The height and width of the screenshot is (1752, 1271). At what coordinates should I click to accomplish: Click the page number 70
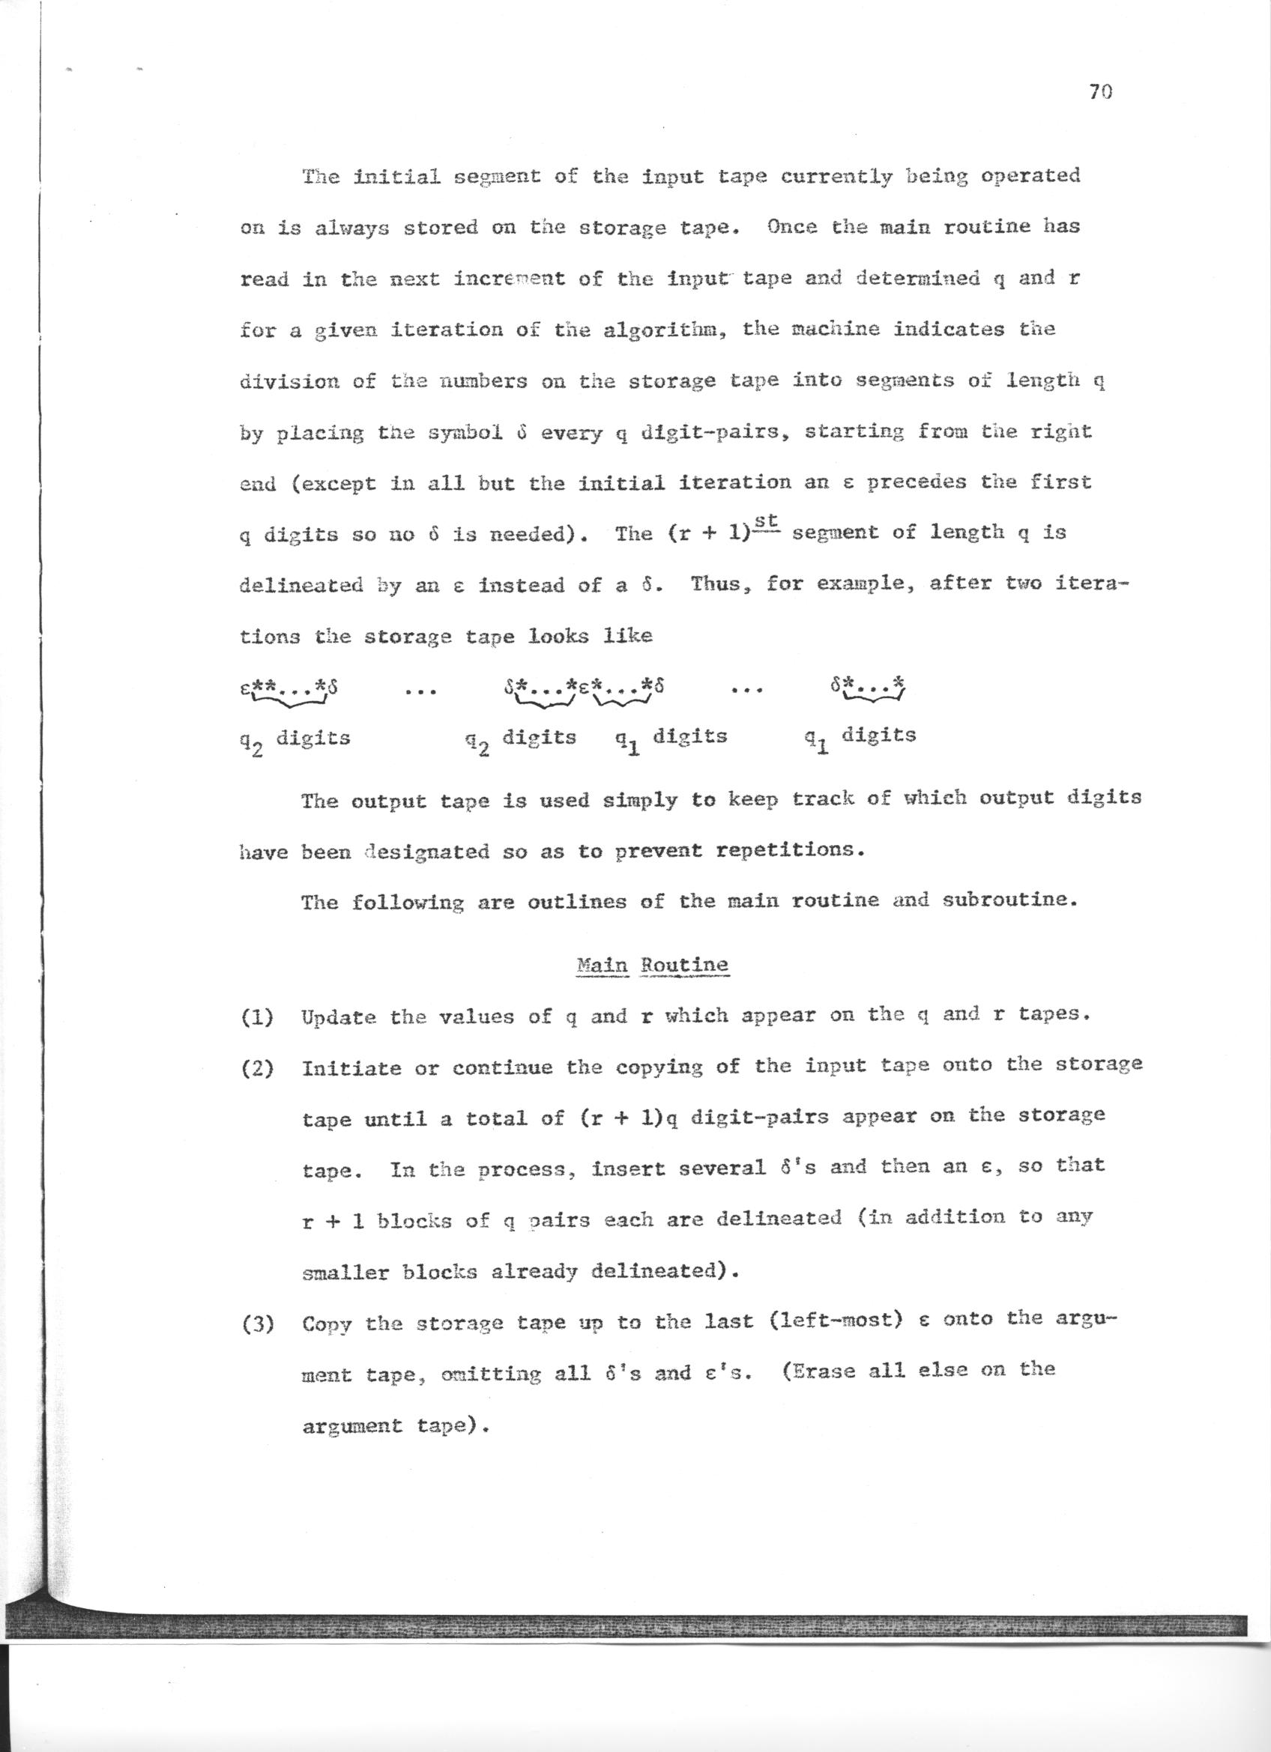coord(1099,93)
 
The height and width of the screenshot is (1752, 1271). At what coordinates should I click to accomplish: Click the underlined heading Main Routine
coord(653,965)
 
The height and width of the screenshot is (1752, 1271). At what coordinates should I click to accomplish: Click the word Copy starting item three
coord(327,1324)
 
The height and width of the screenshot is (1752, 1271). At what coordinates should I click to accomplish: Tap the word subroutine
coord(1007,901)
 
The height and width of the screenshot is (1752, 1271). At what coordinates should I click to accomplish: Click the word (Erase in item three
coord(821,1371)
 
